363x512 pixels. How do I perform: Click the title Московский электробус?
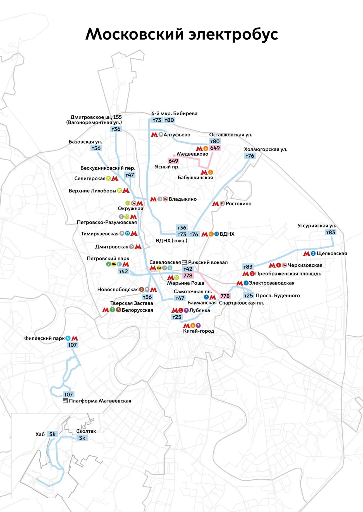[x=181, y=34]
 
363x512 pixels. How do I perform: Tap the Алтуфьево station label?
[x=177, y=135]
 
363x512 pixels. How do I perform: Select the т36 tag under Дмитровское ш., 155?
[x=116, y=129]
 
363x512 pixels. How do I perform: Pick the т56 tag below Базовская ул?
[x=96, y=148]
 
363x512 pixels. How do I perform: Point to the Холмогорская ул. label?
[x=266, y=149]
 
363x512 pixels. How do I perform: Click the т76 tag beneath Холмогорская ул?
[x=250, y=156]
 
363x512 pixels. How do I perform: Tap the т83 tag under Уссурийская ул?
[x=331, y=233]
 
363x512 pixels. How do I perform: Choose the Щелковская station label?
[x=332, y=253]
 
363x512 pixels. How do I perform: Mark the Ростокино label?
[x=238, y=204]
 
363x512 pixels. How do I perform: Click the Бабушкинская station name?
[x=195, y=178]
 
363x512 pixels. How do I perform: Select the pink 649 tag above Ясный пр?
[x=173, y=161]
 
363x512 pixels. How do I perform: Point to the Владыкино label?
[x=183, y=199]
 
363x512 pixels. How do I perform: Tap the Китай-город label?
[x=199, y=331]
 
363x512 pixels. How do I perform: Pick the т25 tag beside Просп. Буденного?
[x=248, y=296]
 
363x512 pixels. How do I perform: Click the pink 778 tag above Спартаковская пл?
[x=225, y=296]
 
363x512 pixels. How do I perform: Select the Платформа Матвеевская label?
[x=100, y=401]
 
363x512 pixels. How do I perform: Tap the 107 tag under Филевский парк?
[x=73, y=345]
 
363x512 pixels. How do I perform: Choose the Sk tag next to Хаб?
[x=52, y=434]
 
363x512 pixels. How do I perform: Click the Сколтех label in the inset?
[x=86, y=431]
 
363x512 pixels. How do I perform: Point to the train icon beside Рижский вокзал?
[x=185, y=262]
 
